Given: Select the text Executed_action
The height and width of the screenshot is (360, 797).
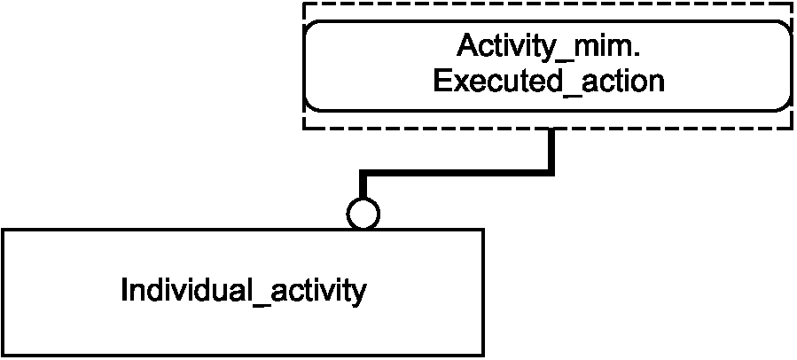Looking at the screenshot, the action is (549, 82).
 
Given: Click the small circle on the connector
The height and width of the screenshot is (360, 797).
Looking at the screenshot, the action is (363, 214).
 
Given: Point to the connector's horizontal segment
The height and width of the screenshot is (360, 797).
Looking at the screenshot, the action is (457, 173).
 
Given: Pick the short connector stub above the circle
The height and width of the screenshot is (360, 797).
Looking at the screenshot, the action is (363, 184).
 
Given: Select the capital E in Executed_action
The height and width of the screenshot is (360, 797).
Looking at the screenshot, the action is (442, 82).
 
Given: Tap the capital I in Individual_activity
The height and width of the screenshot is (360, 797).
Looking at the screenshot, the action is (124, 290).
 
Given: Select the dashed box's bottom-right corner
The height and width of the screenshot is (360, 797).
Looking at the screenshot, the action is (792, 129).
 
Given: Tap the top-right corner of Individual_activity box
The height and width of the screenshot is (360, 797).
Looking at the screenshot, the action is (483, 230).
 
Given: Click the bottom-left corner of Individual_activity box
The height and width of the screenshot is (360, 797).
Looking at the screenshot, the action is (3, 354).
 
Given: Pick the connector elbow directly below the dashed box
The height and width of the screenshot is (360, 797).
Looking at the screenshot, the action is (551, 173).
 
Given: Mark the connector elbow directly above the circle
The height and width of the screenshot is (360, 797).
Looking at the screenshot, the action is (363, 173).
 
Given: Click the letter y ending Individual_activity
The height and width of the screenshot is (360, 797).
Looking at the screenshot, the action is (359, 293).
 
